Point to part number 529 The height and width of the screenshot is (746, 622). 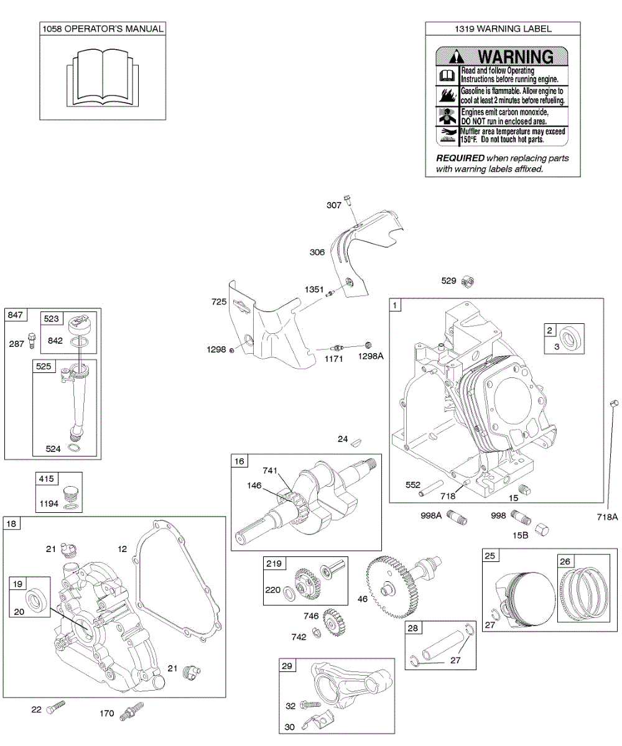tap(448, 281)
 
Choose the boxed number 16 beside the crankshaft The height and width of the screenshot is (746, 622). tap(240, 461)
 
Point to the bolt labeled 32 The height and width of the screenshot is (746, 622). tap(311, 705)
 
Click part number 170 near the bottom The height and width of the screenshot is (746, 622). tap(107, 714)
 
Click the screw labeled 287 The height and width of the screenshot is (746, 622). tap(33, 340)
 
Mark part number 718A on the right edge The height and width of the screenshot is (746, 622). tap(607, 516)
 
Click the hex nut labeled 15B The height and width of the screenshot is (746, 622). tap(542, 528)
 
